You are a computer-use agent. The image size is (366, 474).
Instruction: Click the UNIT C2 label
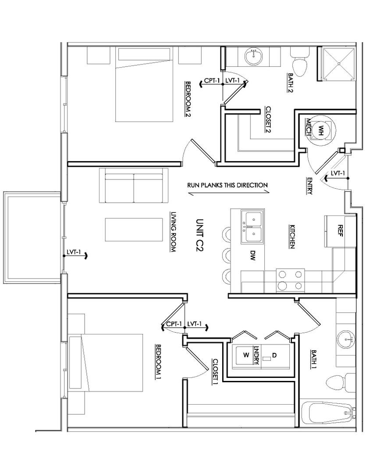coord(199,236)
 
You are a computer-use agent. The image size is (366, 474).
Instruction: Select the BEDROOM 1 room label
coord(158,362)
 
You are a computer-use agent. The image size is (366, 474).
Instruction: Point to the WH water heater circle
coord(321,129)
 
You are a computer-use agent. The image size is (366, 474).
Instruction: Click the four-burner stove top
coord(290,280)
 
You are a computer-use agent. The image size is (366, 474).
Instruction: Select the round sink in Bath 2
coord(254,56)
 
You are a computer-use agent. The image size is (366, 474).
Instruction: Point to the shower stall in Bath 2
coord(338,64)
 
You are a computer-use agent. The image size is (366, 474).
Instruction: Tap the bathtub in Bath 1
coord(329,413)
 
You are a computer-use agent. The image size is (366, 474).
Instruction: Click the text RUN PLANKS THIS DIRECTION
coord(227,185)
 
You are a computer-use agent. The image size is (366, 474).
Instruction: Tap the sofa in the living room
coord(134,185)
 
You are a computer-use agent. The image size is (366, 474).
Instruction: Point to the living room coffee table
coord(134,230)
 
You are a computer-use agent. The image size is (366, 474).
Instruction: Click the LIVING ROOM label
coord(173,232)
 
